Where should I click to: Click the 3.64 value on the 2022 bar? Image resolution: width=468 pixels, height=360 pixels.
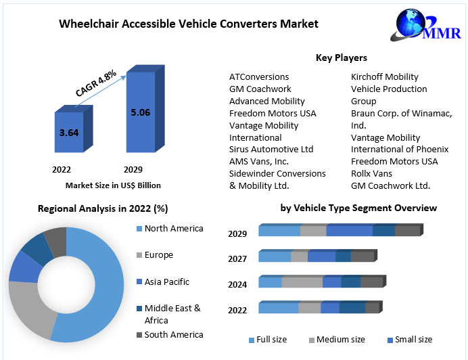pyautogui.click(x=69, y=133)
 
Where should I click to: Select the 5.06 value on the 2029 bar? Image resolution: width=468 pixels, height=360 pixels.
pyautogui.click(x=140, y=112)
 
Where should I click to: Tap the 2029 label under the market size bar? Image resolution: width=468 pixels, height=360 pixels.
pyautogui.click(x=133, y=170)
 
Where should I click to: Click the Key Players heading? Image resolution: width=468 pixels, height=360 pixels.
pyautogui.click(x=342, y=58)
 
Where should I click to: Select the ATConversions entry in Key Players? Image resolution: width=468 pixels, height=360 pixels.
pyautogui.click(x=259, y=77)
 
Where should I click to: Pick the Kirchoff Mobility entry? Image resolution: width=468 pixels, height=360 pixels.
pyautogui.click(x=384, y=77)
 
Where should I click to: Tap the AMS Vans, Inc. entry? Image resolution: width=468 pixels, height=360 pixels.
pyautogui.click(x=259, y=162)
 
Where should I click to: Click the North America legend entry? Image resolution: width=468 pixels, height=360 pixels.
pyautogui.click(x=173, y=229)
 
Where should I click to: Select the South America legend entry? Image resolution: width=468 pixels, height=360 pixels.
pyautogui.click(x=173, y=335)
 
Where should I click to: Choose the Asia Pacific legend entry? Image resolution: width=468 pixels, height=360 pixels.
pyautogui.click(x=166, y=282)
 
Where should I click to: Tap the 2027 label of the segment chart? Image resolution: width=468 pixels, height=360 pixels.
pyautogui.click(x=237, y=259)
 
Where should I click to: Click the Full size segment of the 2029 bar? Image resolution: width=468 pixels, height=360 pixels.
pyautogui.click(x=279, y=231)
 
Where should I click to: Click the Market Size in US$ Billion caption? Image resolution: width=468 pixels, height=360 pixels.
pyautogui.click(x=113, y=185)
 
